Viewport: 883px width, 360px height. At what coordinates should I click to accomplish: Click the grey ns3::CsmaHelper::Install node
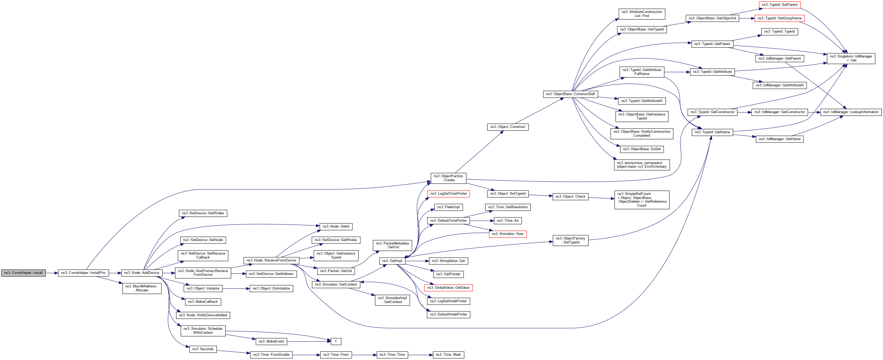pyautogui.click(x=23, y=273)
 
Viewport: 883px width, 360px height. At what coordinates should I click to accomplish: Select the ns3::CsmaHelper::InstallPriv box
pyautogui.click(x=83, y=273)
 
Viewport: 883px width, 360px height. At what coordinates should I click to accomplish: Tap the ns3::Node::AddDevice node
pyautogui.click(x=141, y=273)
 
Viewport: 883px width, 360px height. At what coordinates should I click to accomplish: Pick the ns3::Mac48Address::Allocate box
pyautogui.click(x=141, y=288)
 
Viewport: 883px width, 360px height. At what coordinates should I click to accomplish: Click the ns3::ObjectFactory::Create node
pyautogui.click(x=448, y=178)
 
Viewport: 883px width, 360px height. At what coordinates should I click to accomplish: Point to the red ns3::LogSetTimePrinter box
pyautogui.click(x=448, y=194)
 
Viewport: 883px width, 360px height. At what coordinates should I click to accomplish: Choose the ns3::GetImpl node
pyautogui.click(x=392, y=261)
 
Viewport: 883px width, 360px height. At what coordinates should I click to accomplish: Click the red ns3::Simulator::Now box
pyautogui.click(x=507, y=234)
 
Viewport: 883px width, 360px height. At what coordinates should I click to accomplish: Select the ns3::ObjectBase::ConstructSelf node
pyautogui.click(x=570, y=94)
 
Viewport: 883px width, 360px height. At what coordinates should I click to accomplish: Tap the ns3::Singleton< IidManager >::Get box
pyautogui.click(x=851, y=58)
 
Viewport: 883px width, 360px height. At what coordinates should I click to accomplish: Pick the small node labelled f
pyautogui.click(x=336, y=341)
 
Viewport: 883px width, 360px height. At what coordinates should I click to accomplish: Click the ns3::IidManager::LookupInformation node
pyautogui.click(x=851, y=112)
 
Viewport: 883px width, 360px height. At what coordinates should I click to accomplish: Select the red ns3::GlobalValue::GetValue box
pyautogui.click(x=448, y=288)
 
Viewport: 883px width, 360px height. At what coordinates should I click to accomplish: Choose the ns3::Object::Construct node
pyautogui.click(x=508, y=127)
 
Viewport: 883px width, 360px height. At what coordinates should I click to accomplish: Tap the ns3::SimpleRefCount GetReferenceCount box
pyautogui.click(x=642, y=199)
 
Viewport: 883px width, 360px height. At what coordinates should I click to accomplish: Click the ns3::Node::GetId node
pyautogui.click(x=336, y=227)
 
